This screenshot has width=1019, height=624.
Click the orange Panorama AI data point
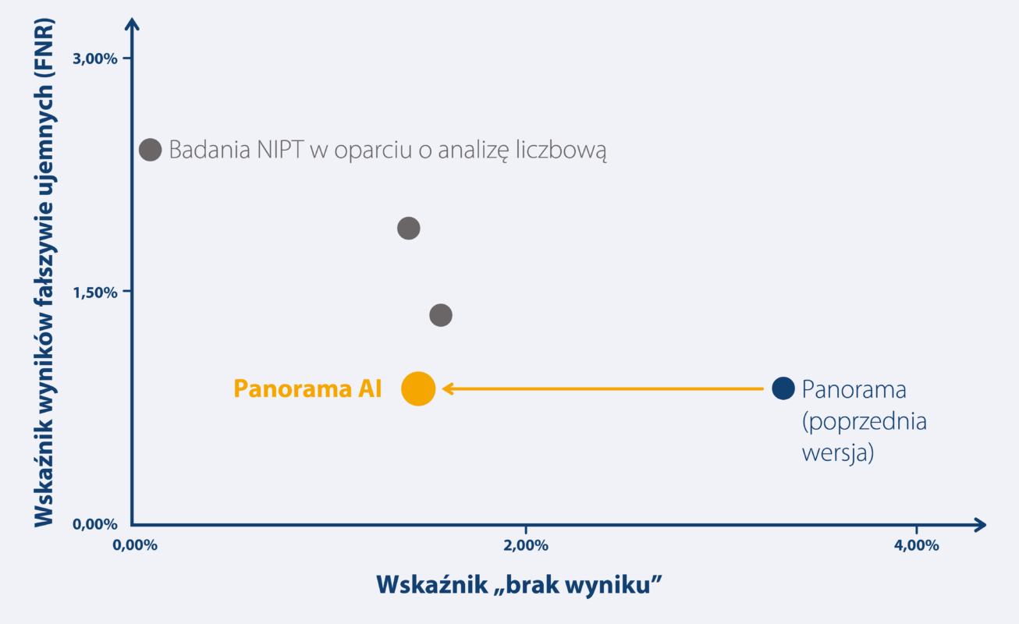[x=418, y=388]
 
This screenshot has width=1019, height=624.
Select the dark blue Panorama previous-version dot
[x=783, y=388]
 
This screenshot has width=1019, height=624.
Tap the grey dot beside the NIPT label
[x=150, y=150]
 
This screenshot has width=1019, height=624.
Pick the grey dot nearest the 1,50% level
[x=441, y=314]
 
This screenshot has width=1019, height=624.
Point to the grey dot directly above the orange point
[x=409, y=228]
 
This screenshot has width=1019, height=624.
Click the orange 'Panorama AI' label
[x=307, y=389]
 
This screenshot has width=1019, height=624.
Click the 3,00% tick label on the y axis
[x=94, y=58]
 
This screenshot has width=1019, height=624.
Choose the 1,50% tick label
[x=95, y=292]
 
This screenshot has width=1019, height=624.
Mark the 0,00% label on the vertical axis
[x=94, y=524]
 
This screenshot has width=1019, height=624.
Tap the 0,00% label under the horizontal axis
[x=135, y=545]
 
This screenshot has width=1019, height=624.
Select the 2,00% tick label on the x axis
[x=525, y=545]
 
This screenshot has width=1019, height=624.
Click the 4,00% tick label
[x=916, y=545]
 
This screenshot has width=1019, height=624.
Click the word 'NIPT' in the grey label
[x=280, y=150]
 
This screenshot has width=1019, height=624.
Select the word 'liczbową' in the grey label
[x=561, y=151]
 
